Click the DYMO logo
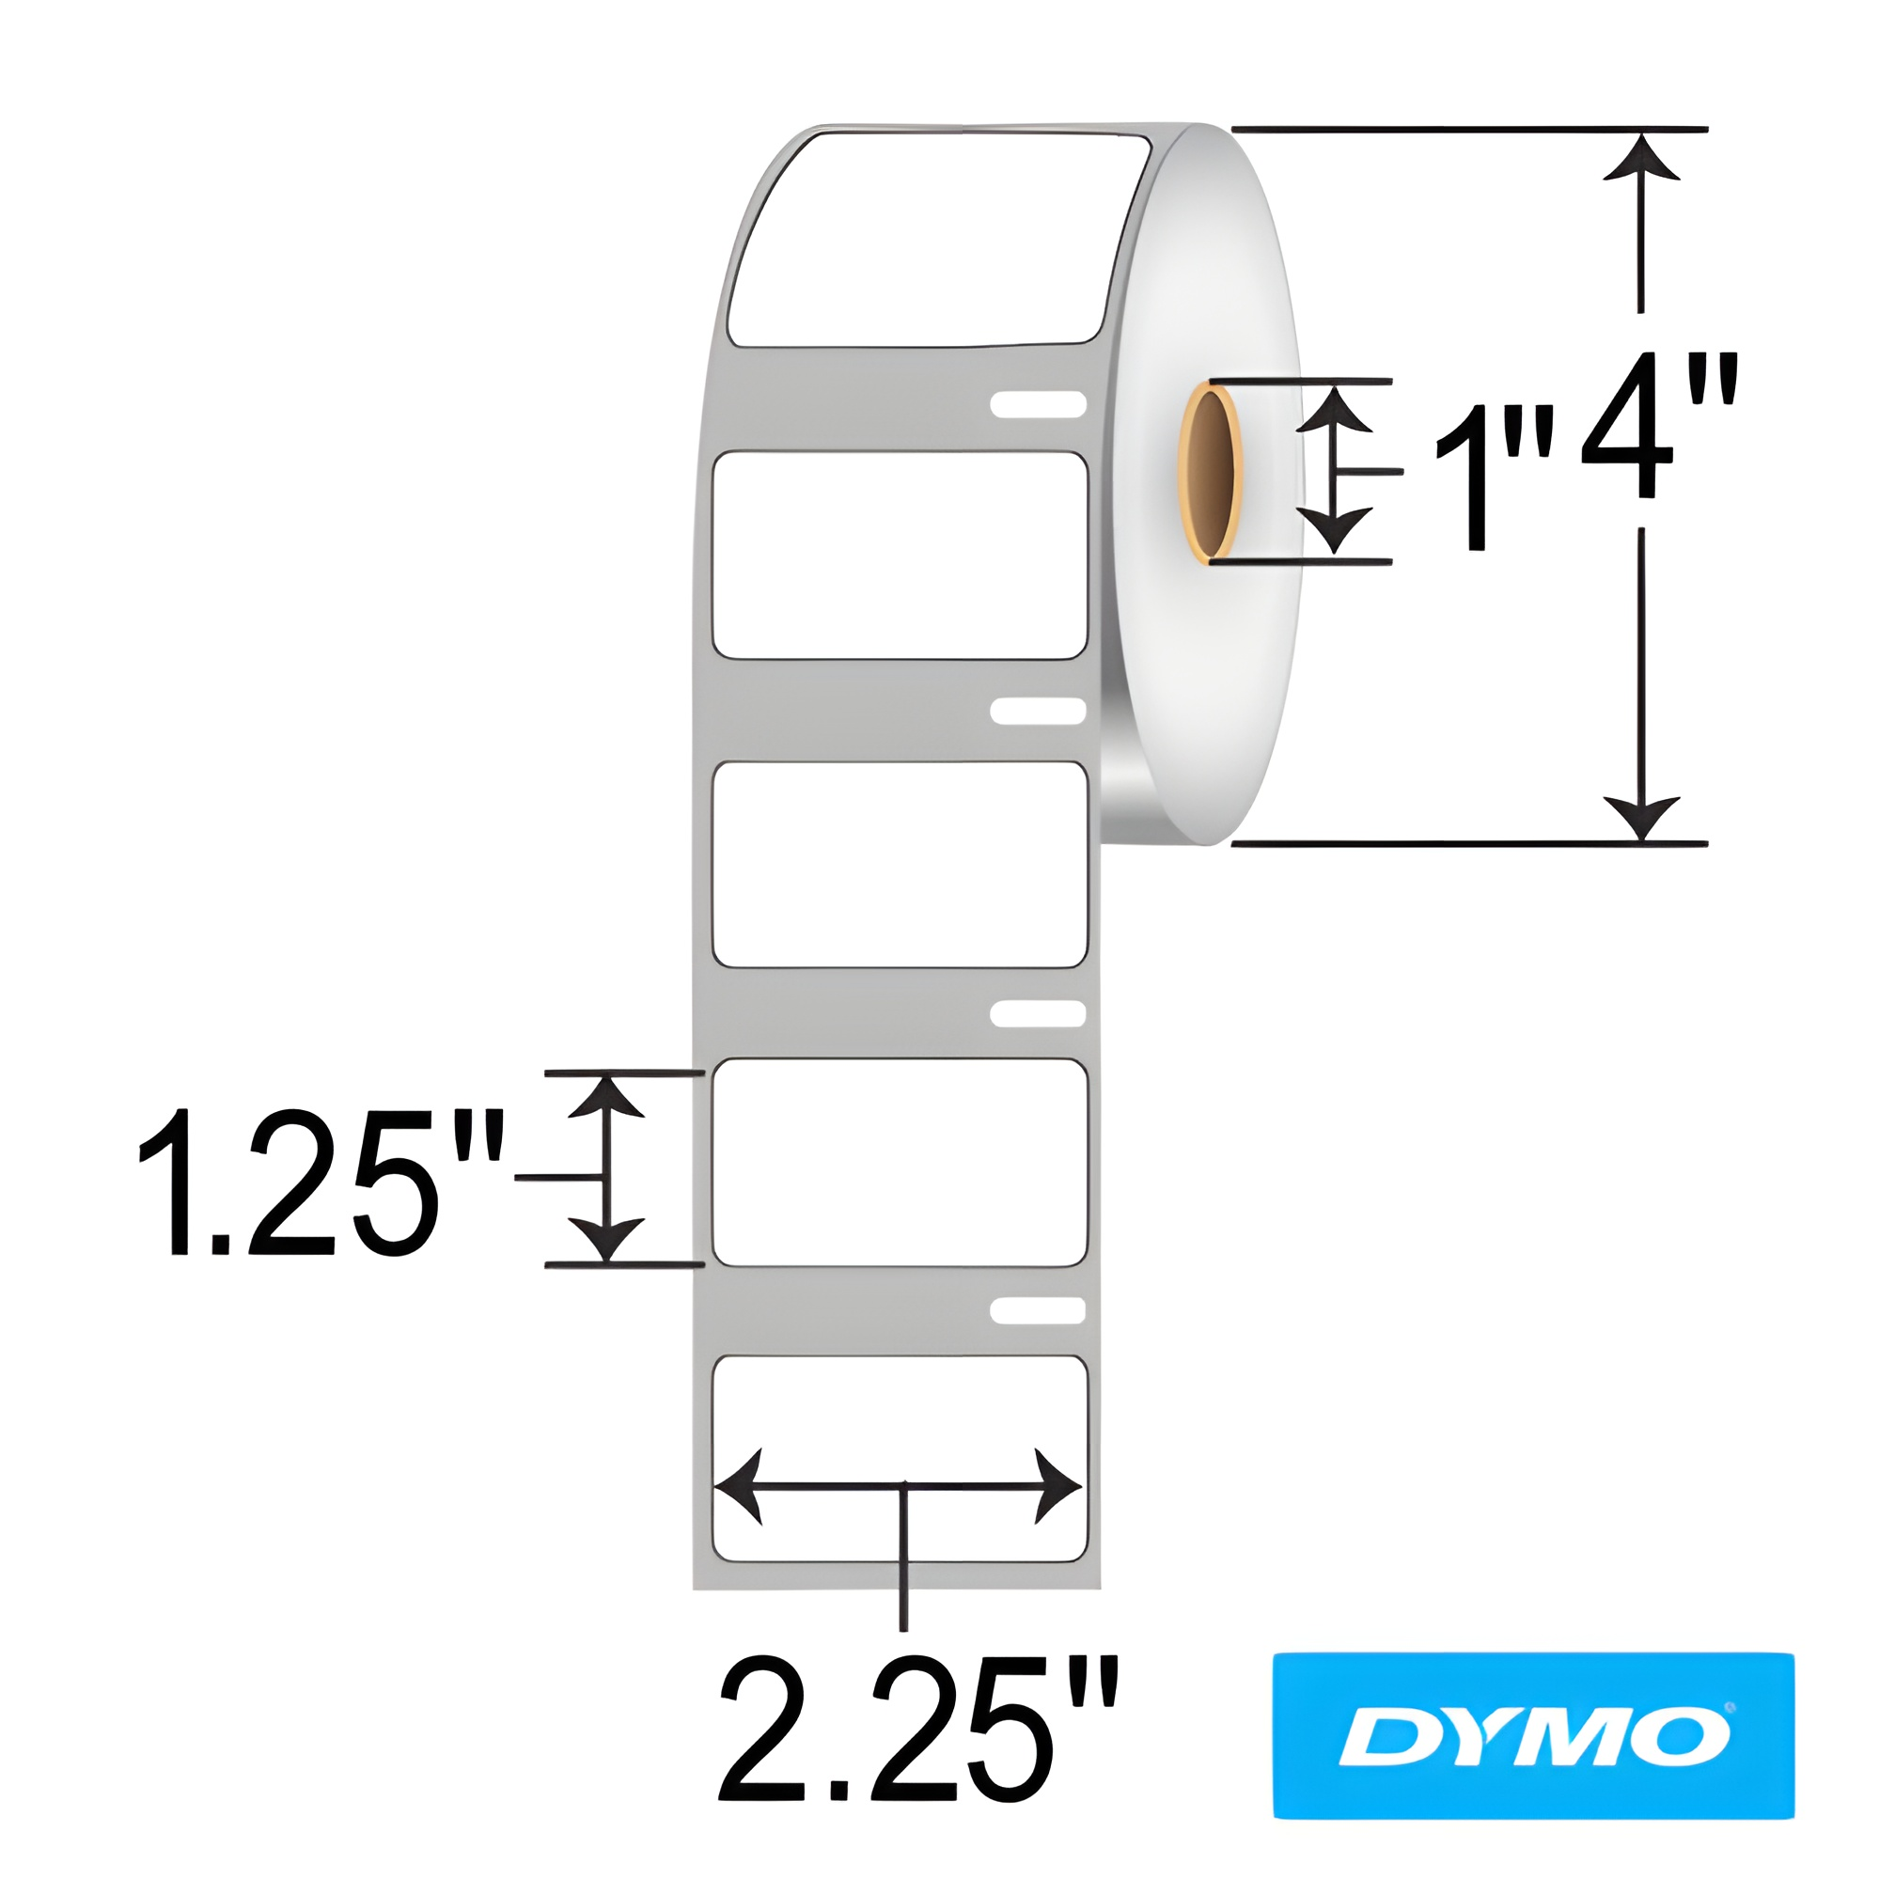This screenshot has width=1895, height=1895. click(x=1533, y=1735)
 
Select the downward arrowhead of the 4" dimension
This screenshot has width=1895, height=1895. click(x=1641, y=817)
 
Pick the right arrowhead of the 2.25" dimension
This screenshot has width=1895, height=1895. click(x=1057, y=1487)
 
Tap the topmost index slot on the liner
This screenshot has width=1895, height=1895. click(x=1038, y=404)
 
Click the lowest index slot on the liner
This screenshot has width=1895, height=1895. click(x=1038, y=1310)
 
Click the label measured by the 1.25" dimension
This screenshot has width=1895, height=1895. click(x=900, y=1163)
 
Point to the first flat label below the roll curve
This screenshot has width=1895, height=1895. click(x=900, y=555)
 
